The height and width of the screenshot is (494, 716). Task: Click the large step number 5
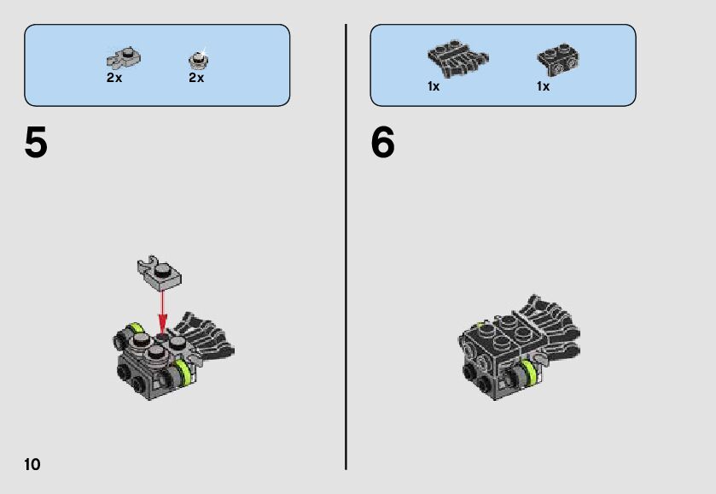(36, 142)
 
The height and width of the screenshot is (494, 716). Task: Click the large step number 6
(382, 142)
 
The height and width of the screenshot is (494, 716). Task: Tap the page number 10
(32, 464)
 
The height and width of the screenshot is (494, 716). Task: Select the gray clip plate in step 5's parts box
(123, 57)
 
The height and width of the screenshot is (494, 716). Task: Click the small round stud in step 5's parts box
(198, 60)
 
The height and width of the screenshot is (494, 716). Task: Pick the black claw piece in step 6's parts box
(457, 59)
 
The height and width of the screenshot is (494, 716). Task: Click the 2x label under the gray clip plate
(114, 78)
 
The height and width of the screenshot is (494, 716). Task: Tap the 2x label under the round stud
(196, 78)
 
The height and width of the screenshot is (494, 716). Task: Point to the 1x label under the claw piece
(434, 86)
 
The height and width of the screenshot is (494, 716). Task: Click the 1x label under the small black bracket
(543, 86)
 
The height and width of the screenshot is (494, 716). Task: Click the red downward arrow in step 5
(162, 312)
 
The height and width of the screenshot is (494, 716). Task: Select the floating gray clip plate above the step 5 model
(159, 273)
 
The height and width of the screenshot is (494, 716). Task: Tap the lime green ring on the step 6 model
(529, 373)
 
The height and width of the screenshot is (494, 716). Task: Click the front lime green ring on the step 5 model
(183, 372)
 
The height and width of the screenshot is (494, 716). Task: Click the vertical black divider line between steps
(346, 247)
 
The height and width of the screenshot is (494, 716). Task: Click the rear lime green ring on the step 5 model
(136, 327)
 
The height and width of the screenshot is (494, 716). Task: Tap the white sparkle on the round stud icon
(203, 50)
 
